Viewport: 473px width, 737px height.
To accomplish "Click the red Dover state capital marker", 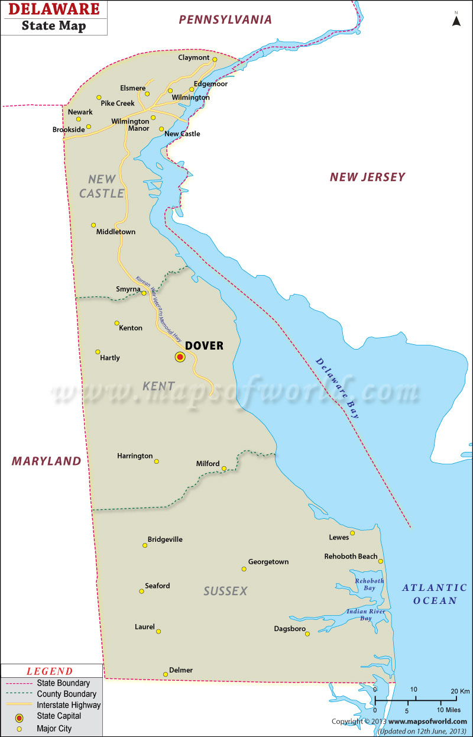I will [x=180, y=357].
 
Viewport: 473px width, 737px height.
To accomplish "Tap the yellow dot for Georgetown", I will [x=244, y=569].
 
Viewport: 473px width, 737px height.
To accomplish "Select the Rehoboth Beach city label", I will [x=351, y=557].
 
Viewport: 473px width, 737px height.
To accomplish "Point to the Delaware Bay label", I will [x=338, y=389].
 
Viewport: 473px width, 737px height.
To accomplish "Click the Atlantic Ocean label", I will [x=434, y=594].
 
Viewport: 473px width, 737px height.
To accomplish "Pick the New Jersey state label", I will [x=367, y=177].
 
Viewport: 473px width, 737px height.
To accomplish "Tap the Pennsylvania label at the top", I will [x=225, y=20].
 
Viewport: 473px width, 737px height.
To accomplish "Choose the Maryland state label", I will [x=46, y=461].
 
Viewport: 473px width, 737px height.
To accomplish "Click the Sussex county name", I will [x=225, y=591].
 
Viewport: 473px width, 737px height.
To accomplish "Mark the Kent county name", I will [x=158, y=386].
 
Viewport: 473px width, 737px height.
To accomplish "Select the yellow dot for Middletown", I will [x=93, y=225].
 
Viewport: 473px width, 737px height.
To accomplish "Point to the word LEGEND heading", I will [x=50, y=671].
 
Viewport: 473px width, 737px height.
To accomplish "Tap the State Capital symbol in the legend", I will [x=20, y=717].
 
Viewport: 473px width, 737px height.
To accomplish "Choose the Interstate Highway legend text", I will [x=69, y=705].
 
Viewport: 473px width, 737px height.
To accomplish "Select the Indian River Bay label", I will [x=365, y=615].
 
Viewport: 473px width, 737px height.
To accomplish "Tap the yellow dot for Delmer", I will [x=166, y=674].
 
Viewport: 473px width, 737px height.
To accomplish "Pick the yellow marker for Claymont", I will [x=215, y=59].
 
